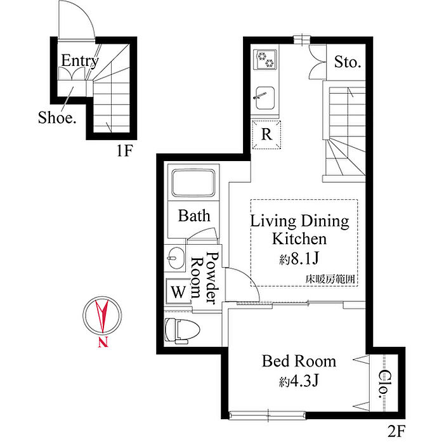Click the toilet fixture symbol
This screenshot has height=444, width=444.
(182, 330)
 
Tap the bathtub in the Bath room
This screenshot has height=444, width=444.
(193, 183)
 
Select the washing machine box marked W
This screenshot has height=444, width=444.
(178, 291)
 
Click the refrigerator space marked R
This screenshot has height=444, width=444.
(266, 134)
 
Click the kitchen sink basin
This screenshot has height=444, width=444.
(265, 98)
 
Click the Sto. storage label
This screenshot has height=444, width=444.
(348, 62)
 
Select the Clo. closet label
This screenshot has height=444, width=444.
(384, 383)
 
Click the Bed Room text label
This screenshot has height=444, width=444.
(299, 361)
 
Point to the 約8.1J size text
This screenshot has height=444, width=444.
(299, 258)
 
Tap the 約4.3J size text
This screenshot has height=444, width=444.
(299, 381)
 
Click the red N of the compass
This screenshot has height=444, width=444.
(103, 342)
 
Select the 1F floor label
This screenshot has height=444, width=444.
(124, 150)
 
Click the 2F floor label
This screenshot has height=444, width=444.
(396, 431)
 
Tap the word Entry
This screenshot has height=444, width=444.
(80, 61)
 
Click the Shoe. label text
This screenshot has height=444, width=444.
(57, 117)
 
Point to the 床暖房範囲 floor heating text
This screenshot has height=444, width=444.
(330, 280)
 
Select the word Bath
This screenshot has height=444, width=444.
(194, 216)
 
